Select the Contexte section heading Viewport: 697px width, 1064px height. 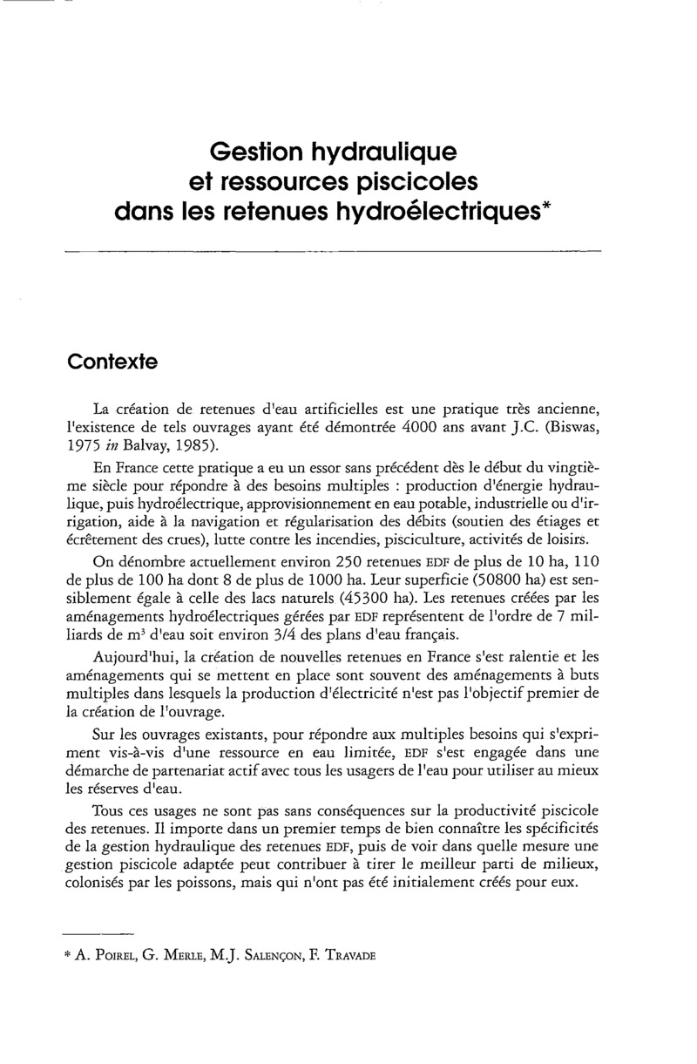(x=112, y=362)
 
